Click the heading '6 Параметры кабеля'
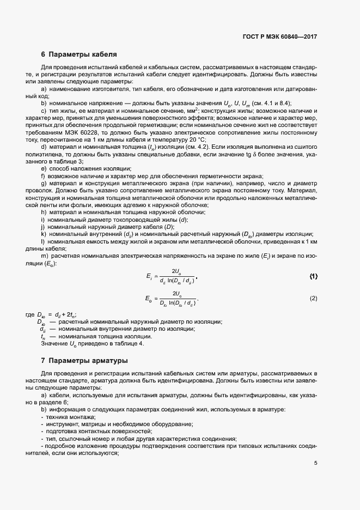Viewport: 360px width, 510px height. [79, 54]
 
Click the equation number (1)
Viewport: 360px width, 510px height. [313, 277]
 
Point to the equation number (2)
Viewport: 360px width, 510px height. [313, 299]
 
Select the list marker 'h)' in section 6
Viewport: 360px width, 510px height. [44, 211]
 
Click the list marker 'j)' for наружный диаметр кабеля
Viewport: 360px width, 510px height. [43, 226]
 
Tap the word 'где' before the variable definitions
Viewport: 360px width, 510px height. [30, 314]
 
